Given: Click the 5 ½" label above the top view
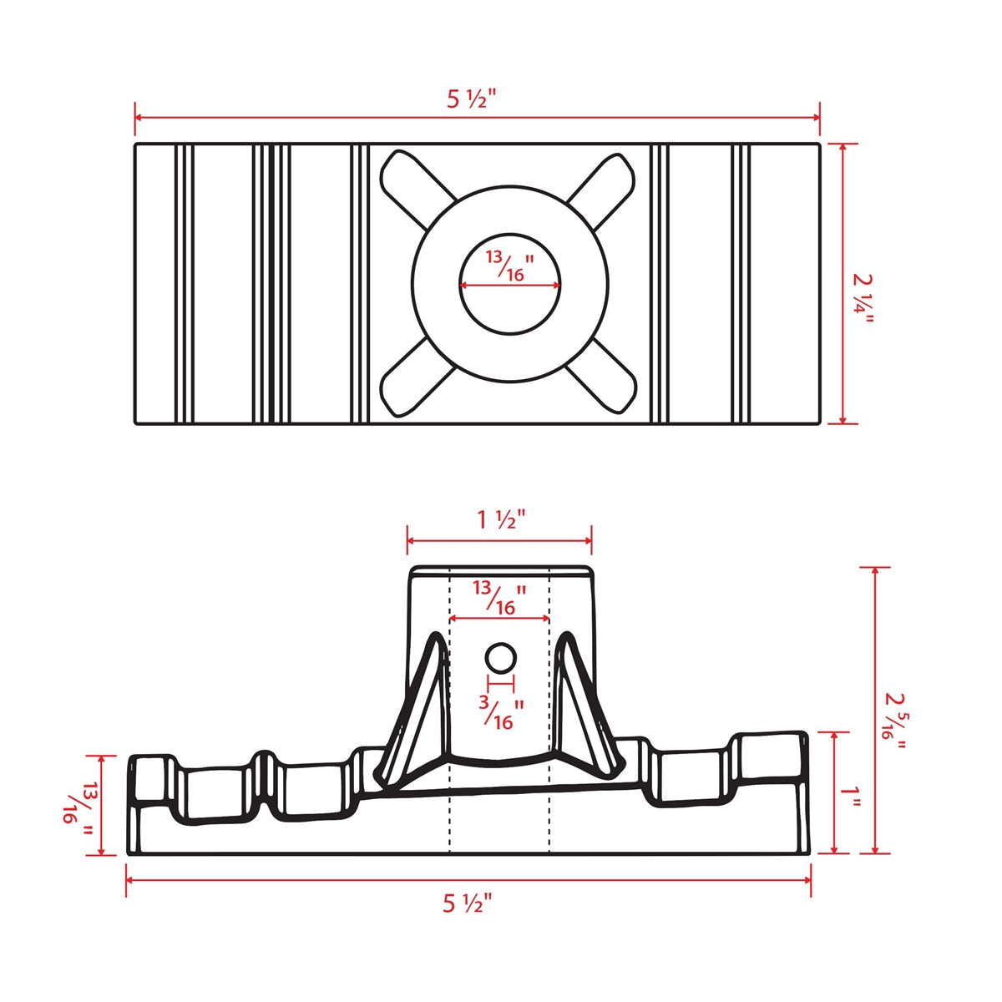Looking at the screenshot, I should point(471,99).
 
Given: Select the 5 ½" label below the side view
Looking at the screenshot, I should point(468,903).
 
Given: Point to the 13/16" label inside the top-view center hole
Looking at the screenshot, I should point(510,266).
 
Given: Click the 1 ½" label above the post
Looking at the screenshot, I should point(500,519).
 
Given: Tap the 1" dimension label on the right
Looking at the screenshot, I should point(851,794).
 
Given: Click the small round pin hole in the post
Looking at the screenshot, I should point(500,659).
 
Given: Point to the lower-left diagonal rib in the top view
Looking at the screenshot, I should point(413,381).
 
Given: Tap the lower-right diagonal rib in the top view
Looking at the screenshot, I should point(603,381).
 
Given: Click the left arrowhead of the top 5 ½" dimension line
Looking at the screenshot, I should point(139,118).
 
